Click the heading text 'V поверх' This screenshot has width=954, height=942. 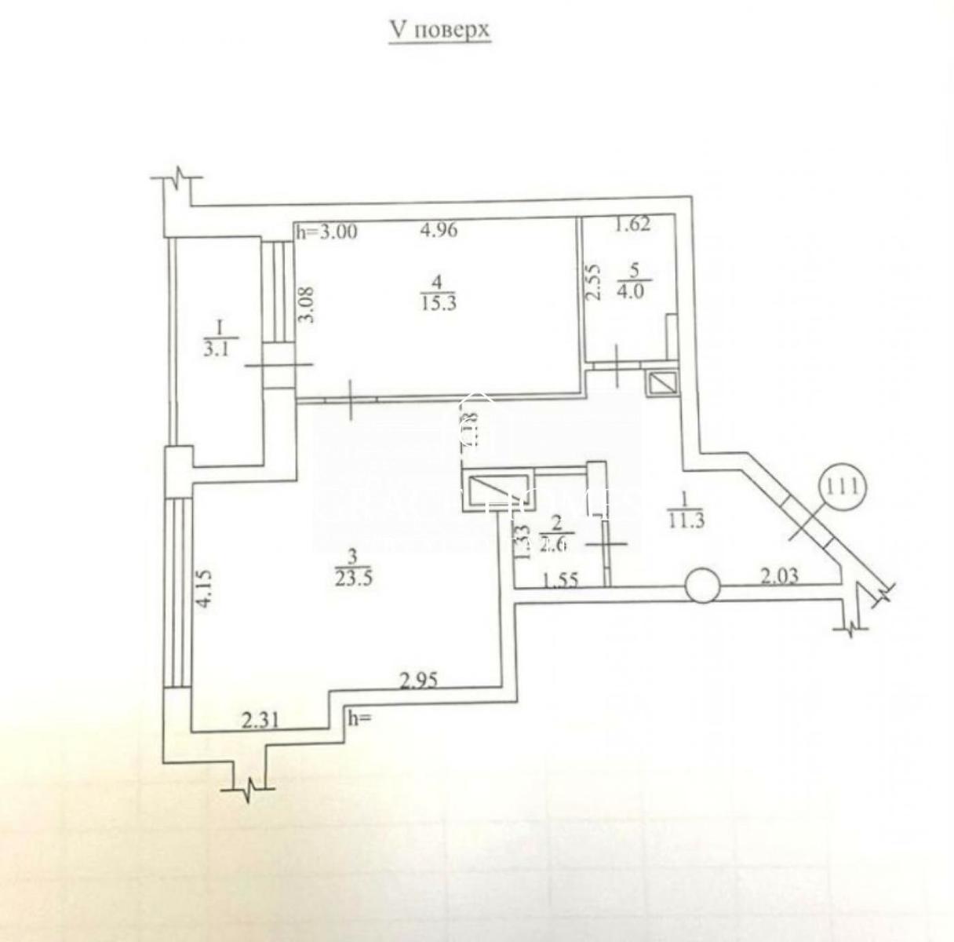tap(439, 30)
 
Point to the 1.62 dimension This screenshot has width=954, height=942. tap(632, 225)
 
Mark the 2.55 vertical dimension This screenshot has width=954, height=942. tap(595, 282)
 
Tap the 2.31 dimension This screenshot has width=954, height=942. tap(259, 718)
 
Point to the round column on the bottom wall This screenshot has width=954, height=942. tap(701, 586)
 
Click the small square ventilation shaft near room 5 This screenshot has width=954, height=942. tap(660, 383)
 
